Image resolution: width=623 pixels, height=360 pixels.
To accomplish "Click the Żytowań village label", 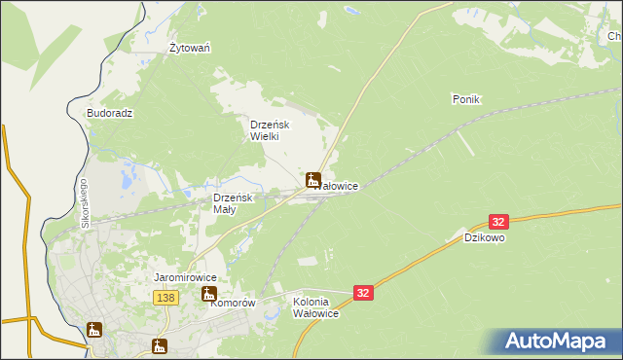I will click(x=191, y=48).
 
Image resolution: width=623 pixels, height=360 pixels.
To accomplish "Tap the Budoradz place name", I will click(x=109, y=113).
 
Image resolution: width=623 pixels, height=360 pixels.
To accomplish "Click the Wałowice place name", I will click(x=340, y=185).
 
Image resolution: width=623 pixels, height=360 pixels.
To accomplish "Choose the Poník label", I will click(x=467, y=99).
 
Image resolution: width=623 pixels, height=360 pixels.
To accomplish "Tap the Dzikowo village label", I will click(x=484, y=237).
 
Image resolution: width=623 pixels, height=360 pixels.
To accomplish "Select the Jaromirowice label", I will click(x=185, y=278).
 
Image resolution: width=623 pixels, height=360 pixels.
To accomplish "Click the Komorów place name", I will click(x=234, y=303).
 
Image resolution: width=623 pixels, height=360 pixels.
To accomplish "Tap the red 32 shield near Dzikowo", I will click(x=499, y=222).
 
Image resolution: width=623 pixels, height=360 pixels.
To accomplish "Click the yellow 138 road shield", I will click(x=165, y=298).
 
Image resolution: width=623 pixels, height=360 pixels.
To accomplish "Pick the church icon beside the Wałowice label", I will click(x=313, y=179).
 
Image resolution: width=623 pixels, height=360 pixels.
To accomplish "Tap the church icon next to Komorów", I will click(x=208, y=294).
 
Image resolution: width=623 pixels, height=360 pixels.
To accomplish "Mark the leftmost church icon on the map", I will click(x=94, y=330).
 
